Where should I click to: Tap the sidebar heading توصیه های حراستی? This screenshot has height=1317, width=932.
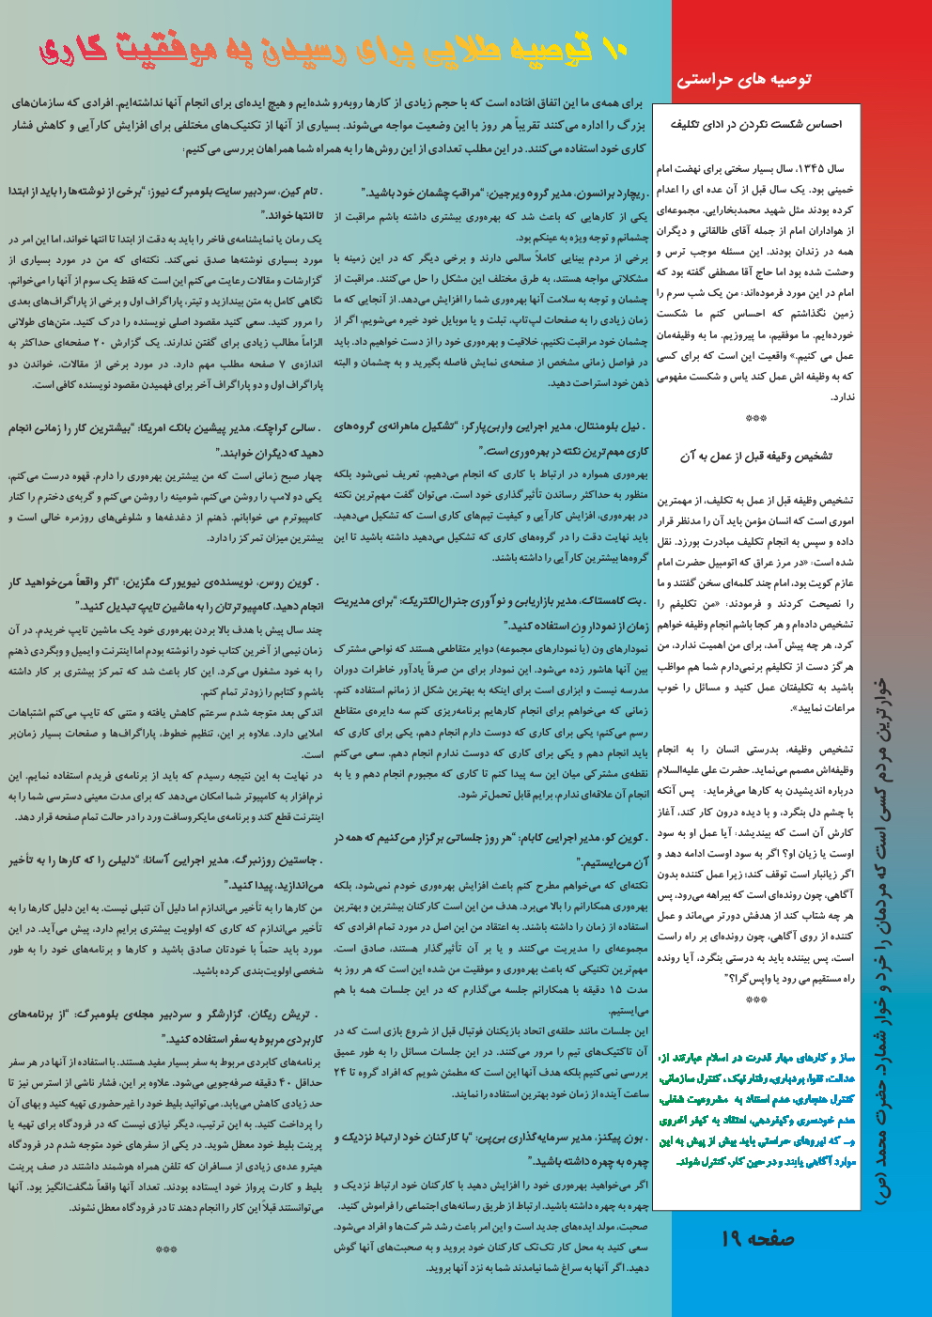pos(744,79)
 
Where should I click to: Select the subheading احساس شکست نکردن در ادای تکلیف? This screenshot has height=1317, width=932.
pos(756,124)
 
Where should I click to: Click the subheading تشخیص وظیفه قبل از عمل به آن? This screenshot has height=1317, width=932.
pos(756,456)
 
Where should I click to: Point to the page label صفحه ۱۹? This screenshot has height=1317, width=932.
pos(757,1239)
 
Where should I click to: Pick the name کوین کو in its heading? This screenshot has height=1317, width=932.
pos(624,838)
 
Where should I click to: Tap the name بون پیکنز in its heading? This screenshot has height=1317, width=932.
pos(618,1138)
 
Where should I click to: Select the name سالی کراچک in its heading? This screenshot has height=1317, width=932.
pos(290,428)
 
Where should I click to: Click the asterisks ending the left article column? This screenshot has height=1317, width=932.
pos(166,1250)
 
